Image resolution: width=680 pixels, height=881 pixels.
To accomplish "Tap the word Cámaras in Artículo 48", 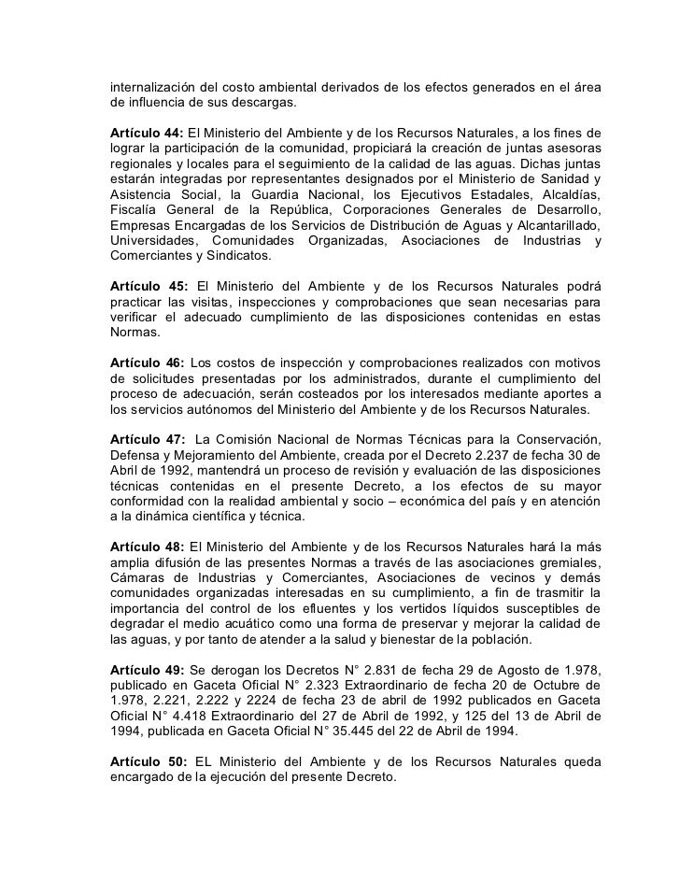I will (x=139, y=576).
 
